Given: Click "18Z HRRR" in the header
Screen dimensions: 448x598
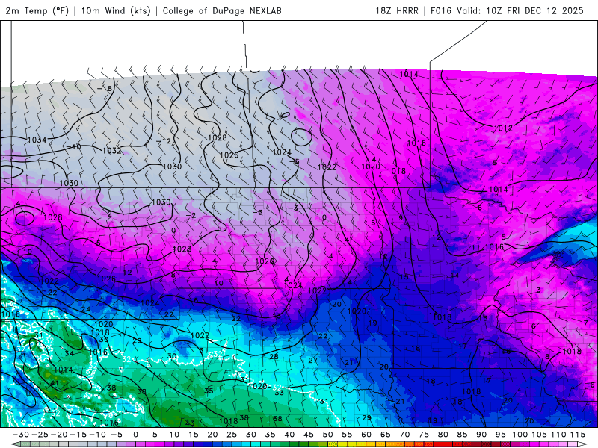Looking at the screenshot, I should [396, 11].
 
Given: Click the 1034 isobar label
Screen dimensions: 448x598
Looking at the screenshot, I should [37, 140].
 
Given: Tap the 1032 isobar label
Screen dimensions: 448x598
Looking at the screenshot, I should [111, 150].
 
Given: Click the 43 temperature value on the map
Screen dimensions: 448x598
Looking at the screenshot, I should [190, 423].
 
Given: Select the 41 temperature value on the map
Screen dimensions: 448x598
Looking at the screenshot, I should [54, 383].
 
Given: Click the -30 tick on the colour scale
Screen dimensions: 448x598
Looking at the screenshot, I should [21, 435].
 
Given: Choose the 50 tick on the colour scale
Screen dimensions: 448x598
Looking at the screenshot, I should [327, 435].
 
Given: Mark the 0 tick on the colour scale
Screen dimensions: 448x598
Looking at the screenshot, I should [135, 435].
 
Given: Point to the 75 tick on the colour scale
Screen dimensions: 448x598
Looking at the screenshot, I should [424, 435].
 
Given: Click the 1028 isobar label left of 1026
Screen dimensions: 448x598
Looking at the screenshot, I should [218, 137].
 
